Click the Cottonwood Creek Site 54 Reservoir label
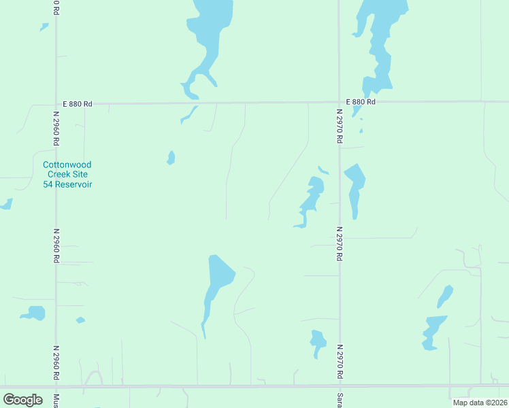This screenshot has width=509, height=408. point(67,175)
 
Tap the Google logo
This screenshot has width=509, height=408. point(22,400)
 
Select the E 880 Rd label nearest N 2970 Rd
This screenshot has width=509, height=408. point(361,102)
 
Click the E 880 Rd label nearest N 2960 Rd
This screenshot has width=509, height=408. point(77,104)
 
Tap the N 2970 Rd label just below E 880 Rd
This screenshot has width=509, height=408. point(338,125)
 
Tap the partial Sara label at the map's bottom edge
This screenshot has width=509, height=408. point(338,400)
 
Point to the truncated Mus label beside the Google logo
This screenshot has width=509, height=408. point(56,400)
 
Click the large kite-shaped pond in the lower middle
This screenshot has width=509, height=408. point(216,282)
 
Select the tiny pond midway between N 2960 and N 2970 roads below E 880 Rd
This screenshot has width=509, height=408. point(171,158)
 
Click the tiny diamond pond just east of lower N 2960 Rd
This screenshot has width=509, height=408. point(80,320)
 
